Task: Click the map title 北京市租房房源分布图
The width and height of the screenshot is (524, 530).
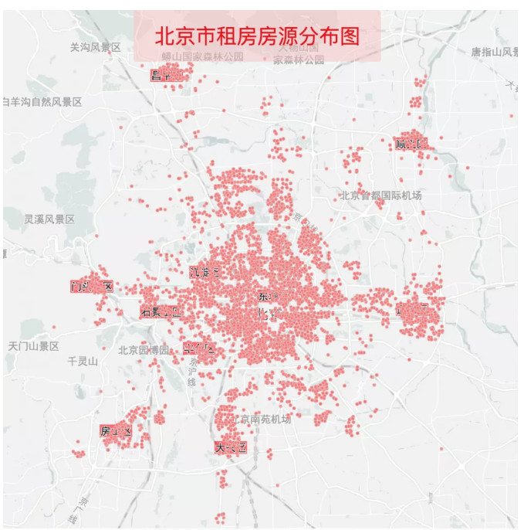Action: pyautogui.click(x=257, y=36)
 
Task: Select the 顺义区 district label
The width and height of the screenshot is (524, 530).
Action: pyautogui.click(x=411, y=144)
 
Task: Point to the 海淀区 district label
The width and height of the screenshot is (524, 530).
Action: pyautogui.click(x=205, y=272)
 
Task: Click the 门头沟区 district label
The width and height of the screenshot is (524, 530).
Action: pyautogui.click(x=92, y=287)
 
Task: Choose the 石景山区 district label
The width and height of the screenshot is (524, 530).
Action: pyautogui.click(x=161, y=312)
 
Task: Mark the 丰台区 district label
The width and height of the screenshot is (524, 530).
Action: pyautogui.click(x=200, y=348)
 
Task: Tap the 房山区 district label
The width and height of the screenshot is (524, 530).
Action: pyautogui.click(x=116, y=431)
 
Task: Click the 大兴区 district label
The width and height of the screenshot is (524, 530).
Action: pyautogui.click(x=231, y=447)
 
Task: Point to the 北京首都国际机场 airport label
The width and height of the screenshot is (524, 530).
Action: pyautogui.click(x=381, y=195)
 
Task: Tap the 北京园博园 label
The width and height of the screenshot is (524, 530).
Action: pyautogui.click(x=144, y=350)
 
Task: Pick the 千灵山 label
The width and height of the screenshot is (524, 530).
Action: pyautogui.click(x=83, y=361)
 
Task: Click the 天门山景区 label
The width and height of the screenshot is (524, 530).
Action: pyautogui.click(x=33, y=346)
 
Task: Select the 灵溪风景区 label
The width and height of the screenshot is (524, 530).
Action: pyautogui.click(x=49, y=219)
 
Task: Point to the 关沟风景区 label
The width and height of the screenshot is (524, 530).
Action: pyautogui.click(x=95, y=47)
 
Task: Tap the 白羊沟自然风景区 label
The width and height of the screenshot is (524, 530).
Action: pyautogui.click(x=42, y=102)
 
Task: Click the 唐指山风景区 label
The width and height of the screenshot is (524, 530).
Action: pyautogui.click(x=495, y=52)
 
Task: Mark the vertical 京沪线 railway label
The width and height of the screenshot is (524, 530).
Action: pyautogui.click(x=193, y=371)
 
